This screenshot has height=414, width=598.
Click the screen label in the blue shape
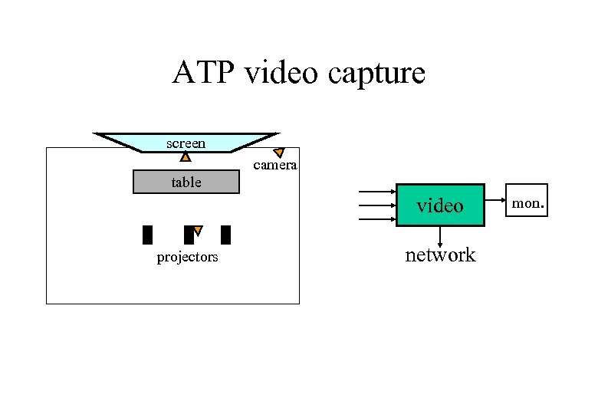(186, 143)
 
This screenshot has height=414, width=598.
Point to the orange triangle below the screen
(186, 157)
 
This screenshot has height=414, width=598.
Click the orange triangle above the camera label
(279, 153)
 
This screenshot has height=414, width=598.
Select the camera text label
(274, 166)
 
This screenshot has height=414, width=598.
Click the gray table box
(186, 182)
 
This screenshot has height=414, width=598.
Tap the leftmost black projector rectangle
(148, 235)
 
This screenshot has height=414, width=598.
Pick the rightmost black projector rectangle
(225, 235)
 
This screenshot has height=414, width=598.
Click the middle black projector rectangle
(188, 235)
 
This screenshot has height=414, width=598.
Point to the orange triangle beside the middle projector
(197, 230)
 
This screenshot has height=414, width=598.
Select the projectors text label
(187, 257)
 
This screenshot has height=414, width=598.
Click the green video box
(440, 205)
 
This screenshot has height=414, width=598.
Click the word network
(440, 255)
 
